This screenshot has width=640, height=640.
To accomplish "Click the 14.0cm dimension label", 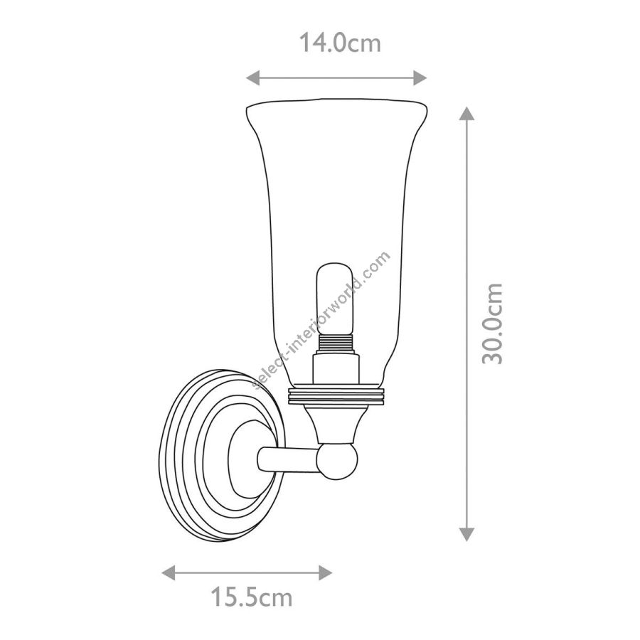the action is coord(340,43).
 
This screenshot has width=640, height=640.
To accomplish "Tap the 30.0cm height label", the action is coord(492,323).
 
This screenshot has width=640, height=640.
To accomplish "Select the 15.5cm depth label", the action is coord(252,597).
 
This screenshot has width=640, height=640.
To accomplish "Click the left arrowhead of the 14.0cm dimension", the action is coord(252,78).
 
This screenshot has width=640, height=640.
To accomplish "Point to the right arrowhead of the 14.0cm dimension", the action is coord(420,78).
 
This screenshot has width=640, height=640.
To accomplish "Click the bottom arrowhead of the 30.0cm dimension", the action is coord(466,534).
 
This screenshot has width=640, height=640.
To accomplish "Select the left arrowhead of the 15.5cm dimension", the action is coord(169,572).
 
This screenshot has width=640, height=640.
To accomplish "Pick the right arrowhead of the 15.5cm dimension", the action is coord(325,572).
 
